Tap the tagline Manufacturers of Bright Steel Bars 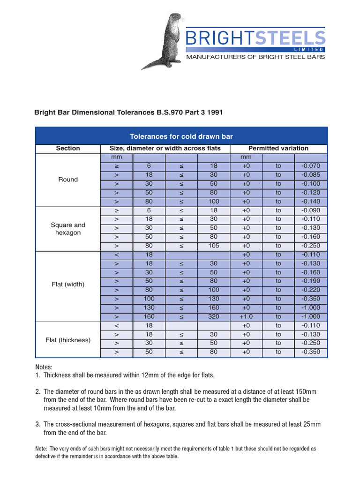click(x=255, y=57)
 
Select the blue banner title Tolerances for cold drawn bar click(x=181, y=136)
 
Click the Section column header click(x=68, y=149)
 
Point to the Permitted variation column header click(x=278, y=149)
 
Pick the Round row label click(x=68, y=180)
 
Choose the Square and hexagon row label click(x=68, y=229)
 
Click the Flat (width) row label click(x=68, y=285)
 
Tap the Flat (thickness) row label click(x=68, y=340)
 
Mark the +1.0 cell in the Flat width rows click(x=246, y=316)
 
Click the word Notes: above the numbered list click(x=45, y=367)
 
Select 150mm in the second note click(x=308, y=391)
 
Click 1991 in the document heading click(x=213, y=112)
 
